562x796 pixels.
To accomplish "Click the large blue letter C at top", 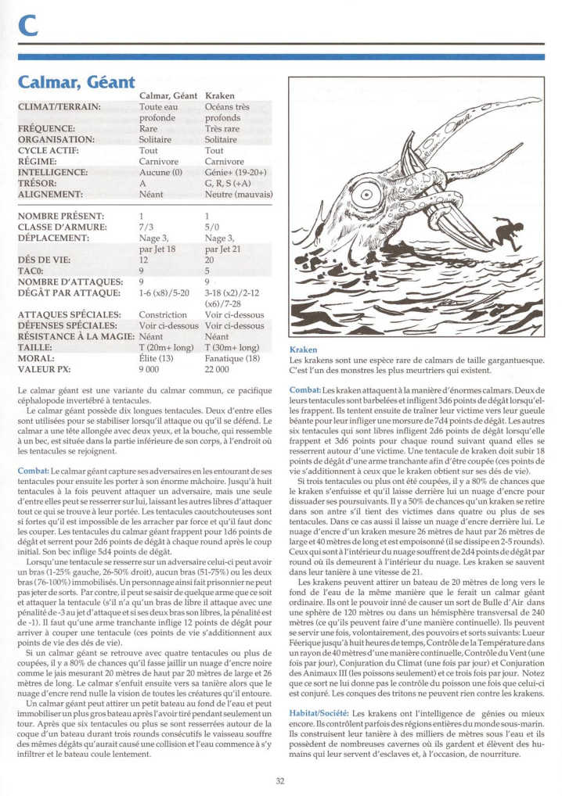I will tap(27, 27).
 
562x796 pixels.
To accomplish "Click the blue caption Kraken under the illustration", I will tap(304, 350).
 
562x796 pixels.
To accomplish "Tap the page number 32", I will tap(280, 780).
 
